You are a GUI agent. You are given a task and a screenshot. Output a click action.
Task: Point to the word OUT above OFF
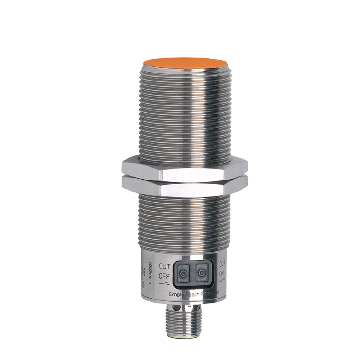pos(164,267)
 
